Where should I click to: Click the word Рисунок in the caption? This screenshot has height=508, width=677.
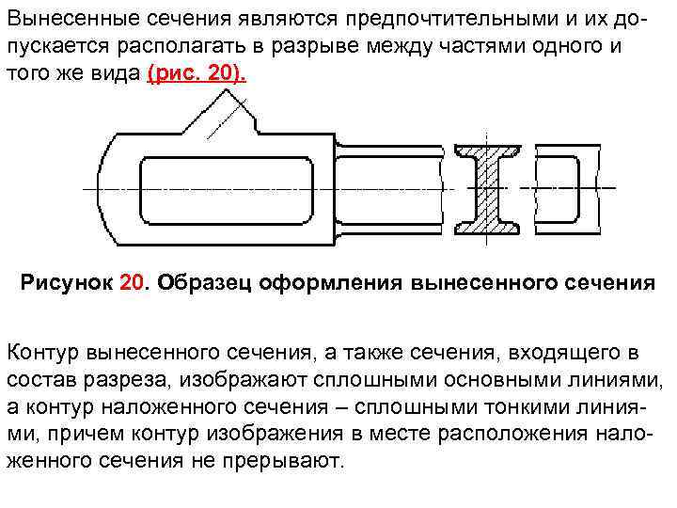(x=67, y=283)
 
